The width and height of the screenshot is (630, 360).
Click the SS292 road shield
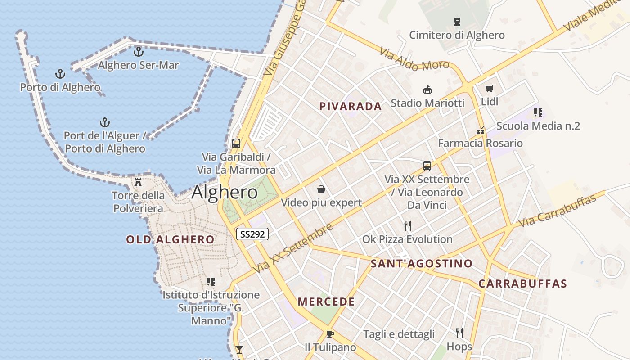tap(252, 234)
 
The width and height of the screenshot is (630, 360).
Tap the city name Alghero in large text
tap(225, 193)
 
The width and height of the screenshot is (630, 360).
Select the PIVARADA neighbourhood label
tap(351, 107)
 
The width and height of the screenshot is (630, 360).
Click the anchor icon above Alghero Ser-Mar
tap(139, 52)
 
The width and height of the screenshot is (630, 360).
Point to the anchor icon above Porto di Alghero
tap(60, 74)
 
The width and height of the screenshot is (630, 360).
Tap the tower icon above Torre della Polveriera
tap(138, 182)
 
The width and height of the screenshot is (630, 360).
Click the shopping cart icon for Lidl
tap(490, 89)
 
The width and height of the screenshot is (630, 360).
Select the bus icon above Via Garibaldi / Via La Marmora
tap(236, 144)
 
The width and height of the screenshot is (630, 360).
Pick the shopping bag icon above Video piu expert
tap(321, 189)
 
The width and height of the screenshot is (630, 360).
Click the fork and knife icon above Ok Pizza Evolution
tap(408, 225)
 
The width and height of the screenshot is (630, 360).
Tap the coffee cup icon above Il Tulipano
tap(330, 334)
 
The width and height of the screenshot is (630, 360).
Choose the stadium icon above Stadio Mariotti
tap(427, 90)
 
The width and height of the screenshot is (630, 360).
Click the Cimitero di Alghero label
tap(457, 35)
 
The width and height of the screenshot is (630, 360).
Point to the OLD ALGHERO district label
tap(170, 239)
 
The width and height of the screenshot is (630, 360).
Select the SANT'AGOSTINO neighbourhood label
tap(422, 264)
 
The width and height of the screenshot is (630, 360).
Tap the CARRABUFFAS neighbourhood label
tap(522, 284)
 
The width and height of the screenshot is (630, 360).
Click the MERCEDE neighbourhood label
tap(326, 301)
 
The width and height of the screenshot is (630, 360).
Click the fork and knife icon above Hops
tap(459, 333)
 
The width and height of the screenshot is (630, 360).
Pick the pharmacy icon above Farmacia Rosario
tap(481, 130)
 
